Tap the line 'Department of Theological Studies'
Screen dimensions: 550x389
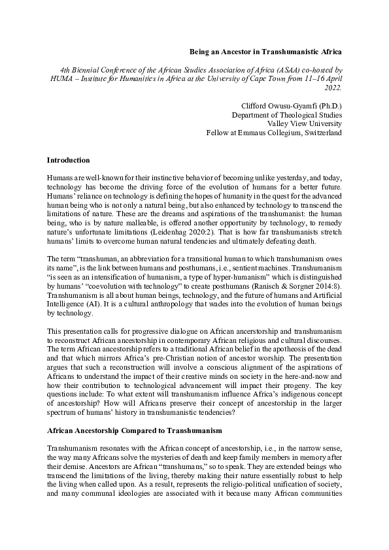[x=287, y=115]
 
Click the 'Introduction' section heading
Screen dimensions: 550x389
[x=69, y=160]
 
